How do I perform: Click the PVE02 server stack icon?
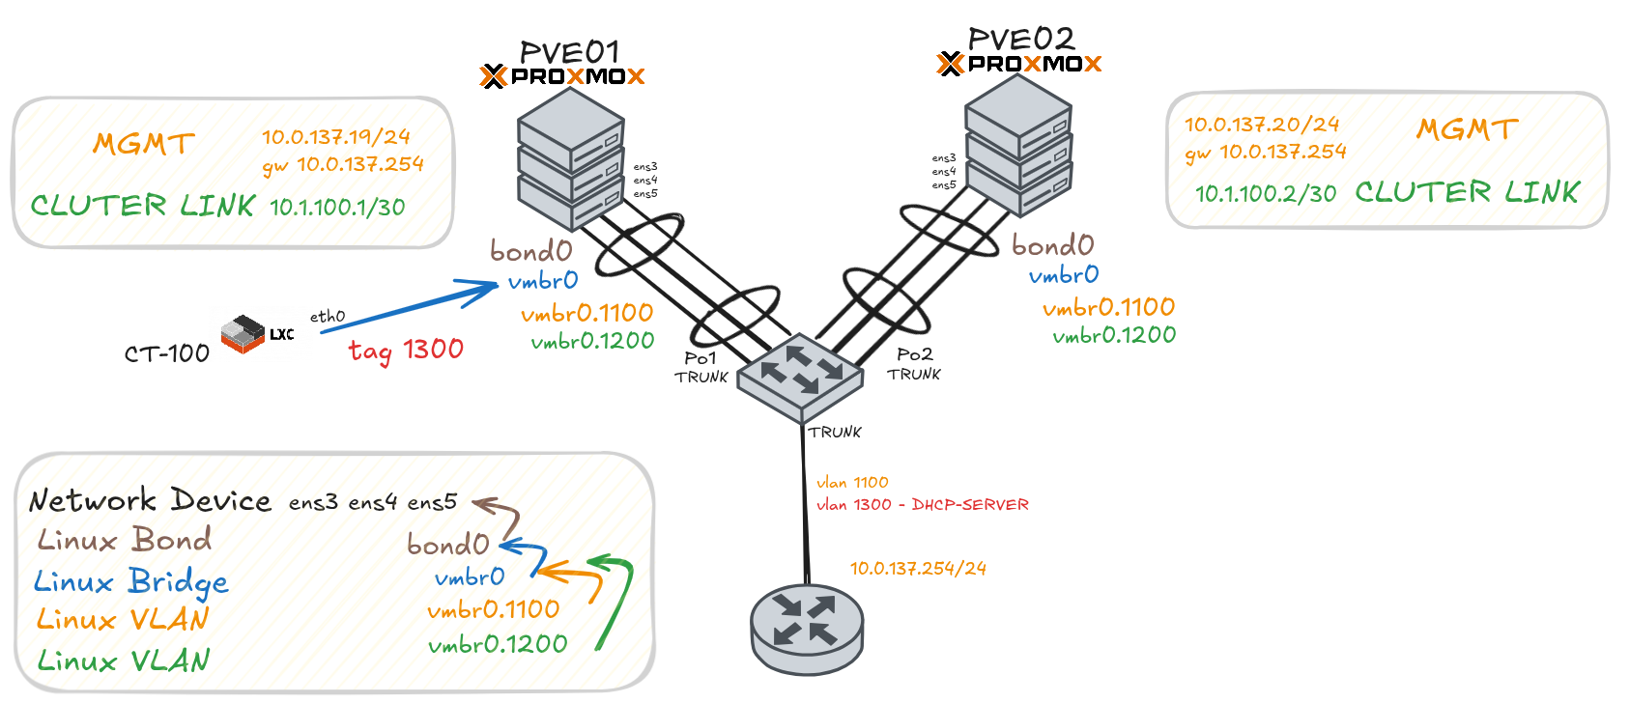(1018, 146)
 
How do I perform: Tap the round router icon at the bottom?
(807, 628)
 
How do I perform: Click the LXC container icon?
(243, 333)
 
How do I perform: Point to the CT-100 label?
(166, 353)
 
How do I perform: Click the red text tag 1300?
(406, 350)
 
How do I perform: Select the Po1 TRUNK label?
(701, 367)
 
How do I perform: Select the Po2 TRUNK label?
(914, 364)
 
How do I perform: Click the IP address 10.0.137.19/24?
(335, 137)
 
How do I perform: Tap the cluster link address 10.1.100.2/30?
(1265, 194)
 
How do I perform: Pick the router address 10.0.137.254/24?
(917, 569)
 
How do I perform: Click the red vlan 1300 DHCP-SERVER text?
(922, 505)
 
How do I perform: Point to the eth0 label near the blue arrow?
(327, 317)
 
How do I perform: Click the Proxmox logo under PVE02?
(1019, 64)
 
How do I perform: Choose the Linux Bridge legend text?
(130, 581)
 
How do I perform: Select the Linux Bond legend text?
(124, 540)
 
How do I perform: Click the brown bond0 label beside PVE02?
(1052, 245)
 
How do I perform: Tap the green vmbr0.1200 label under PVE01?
(592, 341)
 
